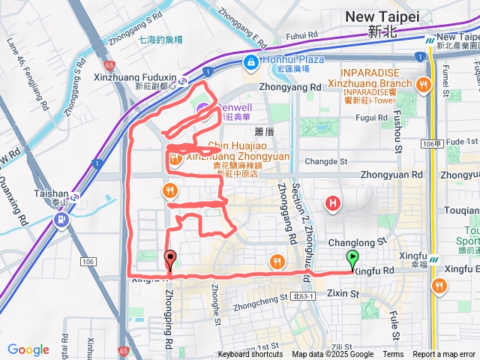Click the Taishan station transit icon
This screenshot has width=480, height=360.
[62, 220]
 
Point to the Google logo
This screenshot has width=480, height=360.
[28, 349]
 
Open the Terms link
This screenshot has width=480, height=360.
[393, 355]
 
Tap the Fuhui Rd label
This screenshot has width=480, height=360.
[302, 34]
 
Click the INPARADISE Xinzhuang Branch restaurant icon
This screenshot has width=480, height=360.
[424, 85]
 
